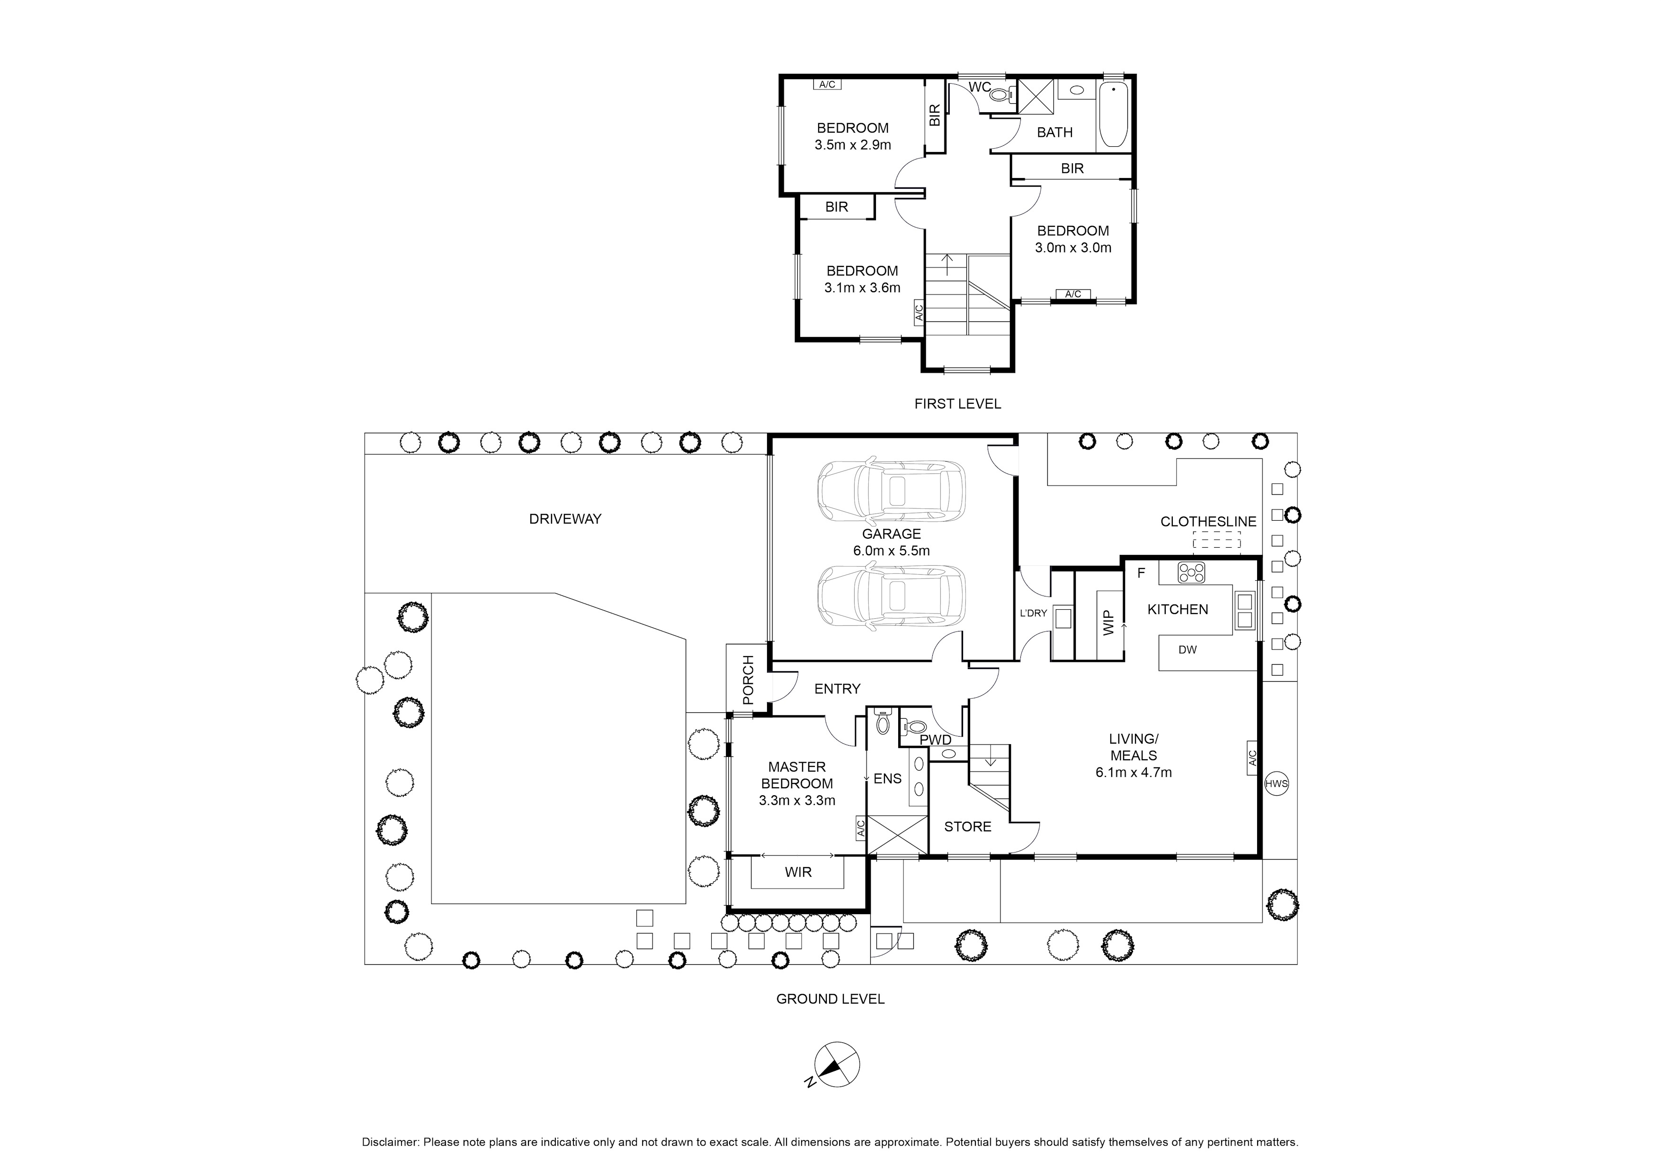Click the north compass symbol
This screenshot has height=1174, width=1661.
(837, 1085)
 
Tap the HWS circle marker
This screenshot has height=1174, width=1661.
(1276, 783)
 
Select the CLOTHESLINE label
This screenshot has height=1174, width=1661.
(1208, 522)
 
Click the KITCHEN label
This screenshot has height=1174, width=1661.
(1178, 609)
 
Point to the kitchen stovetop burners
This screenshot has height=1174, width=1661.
(1191, 573)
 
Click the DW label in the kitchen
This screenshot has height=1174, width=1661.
(1187, 649)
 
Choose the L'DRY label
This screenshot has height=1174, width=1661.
(1033, 613)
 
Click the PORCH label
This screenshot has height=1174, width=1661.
(748, 680)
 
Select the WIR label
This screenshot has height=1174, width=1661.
(798, 872)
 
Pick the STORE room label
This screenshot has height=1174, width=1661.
(967, 827)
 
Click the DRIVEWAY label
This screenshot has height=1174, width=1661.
(565, 519)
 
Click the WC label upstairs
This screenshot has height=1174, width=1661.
(980, 88)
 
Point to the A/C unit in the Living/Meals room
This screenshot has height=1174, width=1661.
(1253, 758)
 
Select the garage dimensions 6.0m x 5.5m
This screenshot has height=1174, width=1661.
(891, 551)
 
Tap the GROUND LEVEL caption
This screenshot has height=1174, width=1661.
(830, 999)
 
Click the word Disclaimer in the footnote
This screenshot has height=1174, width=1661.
(390, 1142)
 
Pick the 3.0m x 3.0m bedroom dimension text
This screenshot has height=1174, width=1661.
(1073, 248)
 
